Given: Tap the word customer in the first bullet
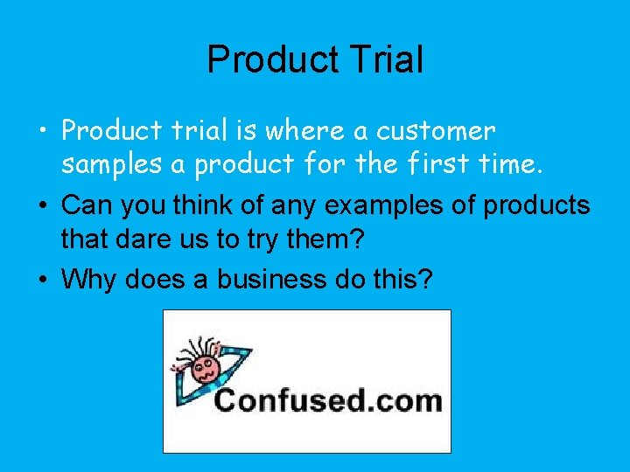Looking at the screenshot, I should [x=436, y=131].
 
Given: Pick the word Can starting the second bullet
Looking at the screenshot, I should [x=86, y=206].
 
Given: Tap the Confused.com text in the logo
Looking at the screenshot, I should [x=328, y=402].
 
